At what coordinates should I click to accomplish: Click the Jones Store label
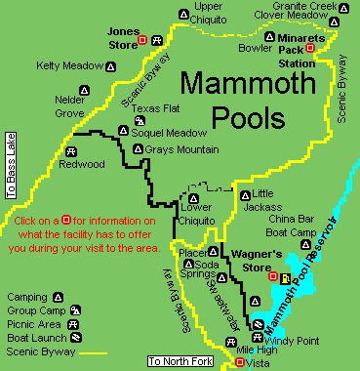click(x=121, y=37)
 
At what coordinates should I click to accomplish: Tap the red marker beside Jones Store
click(x=142, y=39)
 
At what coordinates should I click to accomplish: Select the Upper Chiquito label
click(x=206, y=12)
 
